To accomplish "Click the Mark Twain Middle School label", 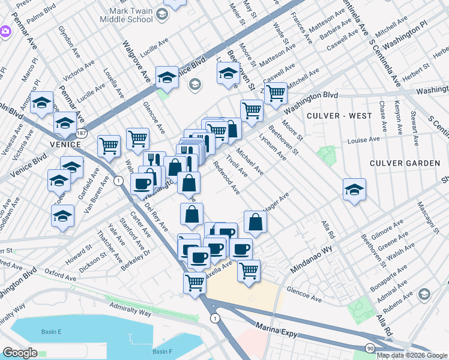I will pyautogui.click(x=133, y=16).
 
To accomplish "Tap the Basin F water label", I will pyautogui.click(x=162, y=352).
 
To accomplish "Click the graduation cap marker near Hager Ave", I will pyautogui.click(x=354, y=190).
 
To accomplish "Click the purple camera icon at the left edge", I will pyautogui.click(x=5, y=31).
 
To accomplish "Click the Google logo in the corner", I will pyautogui.click(x=20, y=353).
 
